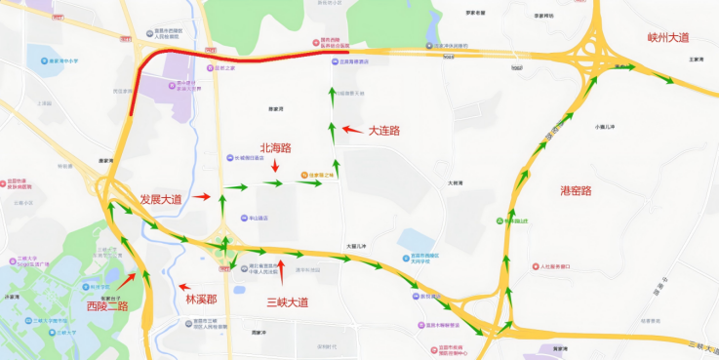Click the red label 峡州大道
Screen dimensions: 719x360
point(667,38)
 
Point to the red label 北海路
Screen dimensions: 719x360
point(275,148)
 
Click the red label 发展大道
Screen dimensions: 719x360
point(160,199)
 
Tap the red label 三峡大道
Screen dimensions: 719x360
point(287,302)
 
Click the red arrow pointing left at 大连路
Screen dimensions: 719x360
point(352,129)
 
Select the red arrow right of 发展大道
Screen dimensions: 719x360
point(200,197)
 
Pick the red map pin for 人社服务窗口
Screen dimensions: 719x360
point(536,266)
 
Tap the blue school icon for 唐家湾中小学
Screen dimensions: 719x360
point(43,61)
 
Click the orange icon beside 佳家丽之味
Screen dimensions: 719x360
point(304,176)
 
